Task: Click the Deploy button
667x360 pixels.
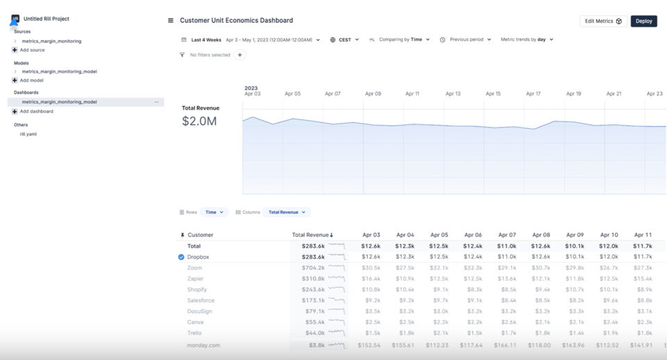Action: click(643, 21)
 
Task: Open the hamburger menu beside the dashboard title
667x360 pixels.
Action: click(171, 21)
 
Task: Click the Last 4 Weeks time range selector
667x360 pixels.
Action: click(206, 40)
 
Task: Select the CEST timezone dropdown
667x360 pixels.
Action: click(345, 40)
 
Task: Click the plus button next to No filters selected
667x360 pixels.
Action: click(240, 55)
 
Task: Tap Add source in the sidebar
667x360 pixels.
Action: click(32, 50)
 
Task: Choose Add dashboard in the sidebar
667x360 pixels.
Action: click(36, 111)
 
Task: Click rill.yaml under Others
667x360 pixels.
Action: click(28, 134)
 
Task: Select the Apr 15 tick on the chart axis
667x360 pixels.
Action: click(493, 93)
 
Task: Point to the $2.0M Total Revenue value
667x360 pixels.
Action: click(199, 122)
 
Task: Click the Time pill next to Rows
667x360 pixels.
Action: click(214, 212)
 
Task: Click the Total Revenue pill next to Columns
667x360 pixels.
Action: click(286, 212)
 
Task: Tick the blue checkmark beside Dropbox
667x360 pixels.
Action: click(181, 257)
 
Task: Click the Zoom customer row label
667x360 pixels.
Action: click(195, 268)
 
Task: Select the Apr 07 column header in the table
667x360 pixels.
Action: click(507, 235)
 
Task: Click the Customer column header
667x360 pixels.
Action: click(200, 235)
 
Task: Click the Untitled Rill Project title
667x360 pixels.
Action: click(47, 19)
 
